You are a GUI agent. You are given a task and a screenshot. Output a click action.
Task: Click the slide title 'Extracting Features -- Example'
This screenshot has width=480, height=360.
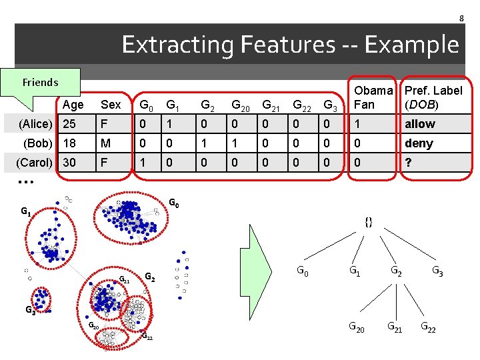tap(290, 45)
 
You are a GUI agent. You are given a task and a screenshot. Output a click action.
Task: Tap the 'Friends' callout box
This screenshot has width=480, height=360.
tap(41, 83)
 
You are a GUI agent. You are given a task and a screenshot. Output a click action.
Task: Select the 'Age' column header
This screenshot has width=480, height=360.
tap(73, 105)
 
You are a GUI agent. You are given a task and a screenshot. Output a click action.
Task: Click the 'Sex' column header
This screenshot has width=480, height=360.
tap(111, 105)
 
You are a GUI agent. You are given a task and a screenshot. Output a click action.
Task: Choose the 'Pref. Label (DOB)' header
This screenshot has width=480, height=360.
tap(433, 97)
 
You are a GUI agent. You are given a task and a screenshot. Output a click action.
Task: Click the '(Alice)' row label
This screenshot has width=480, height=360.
tap(35, 124)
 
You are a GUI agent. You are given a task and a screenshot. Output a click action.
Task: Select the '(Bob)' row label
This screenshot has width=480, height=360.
tap(37, 143)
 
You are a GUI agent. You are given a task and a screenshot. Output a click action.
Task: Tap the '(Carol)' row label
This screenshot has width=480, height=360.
tap(35, 163)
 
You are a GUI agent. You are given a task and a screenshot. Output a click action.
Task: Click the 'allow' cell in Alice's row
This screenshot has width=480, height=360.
tap(420, 124)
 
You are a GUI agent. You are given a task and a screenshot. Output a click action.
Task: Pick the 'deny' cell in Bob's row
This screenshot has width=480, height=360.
tap(419, 143)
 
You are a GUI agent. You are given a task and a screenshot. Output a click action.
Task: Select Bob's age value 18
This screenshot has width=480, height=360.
tap(69, 143)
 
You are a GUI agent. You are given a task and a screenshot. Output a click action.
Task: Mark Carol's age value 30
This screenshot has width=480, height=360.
tap(69, 163)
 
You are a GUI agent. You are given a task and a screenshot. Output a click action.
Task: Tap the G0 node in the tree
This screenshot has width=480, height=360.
tap(302, 271)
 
